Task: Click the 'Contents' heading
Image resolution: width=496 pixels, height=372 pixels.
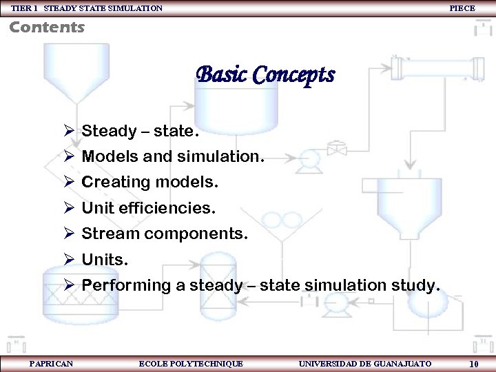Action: (x=47, y=28)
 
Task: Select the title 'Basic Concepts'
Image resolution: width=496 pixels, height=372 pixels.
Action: (x=265, y=74)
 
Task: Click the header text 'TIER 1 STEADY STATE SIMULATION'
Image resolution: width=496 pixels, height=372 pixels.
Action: (x=87, y=8)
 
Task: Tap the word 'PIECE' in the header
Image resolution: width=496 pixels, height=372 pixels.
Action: (x=462, y=8)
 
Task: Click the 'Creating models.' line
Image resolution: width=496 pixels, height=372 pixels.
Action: (x=149, y=183)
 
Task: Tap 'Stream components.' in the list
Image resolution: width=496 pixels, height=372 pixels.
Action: (x=165, y=234)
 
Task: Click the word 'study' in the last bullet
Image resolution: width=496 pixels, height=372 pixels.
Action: (x=413, y=285)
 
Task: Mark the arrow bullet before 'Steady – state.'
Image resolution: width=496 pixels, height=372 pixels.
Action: (x=68, y=131)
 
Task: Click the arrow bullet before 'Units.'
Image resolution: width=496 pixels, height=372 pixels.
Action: (x=68, y=260)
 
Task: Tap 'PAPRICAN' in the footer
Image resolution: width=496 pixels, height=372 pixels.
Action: (x=51, y=363)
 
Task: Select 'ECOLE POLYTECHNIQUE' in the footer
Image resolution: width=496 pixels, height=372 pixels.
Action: (x=191, y=363)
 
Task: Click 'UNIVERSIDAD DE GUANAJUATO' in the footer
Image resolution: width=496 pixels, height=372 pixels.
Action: (x=365, y=363)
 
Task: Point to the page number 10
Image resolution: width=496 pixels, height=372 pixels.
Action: (x=474, y=364)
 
